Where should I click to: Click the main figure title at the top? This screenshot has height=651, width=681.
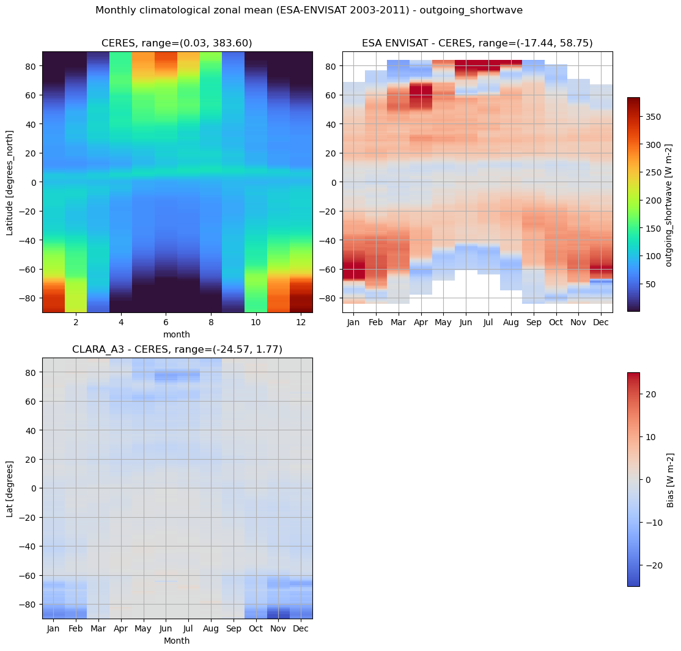(309, 10)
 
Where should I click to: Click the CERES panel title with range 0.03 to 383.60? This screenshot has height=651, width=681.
(177, 43)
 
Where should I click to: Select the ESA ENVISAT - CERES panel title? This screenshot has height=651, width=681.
(477, 43)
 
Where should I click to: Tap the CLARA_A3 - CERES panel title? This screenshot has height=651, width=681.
(177, 349)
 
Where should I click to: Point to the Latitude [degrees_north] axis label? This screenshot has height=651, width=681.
(10, 182)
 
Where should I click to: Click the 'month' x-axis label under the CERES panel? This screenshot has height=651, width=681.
(177, 334)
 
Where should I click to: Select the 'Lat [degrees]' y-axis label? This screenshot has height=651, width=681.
(10, 488)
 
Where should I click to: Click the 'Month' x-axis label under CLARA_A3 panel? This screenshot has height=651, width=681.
(177, 641)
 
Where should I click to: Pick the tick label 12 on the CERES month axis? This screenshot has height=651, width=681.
(301, 322)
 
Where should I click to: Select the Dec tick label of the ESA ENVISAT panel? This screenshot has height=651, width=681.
(601, 322)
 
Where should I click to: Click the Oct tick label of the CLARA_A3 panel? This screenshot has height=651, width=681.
(256, 628)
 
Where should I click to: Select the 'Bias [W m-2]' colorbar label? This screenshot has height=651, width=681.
(670, 480)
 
